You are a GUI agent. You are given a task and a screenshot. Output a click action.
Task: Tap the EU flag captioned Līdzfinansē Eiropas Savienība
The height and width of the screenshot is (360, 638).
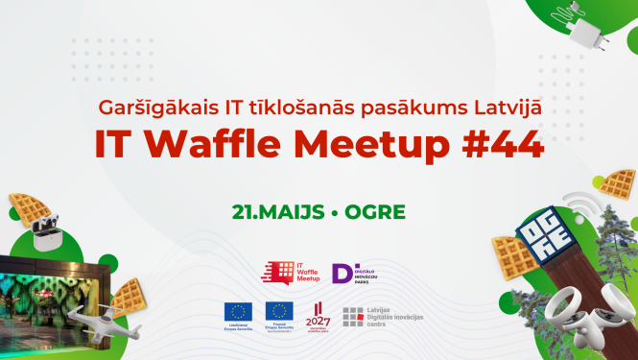238,311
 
